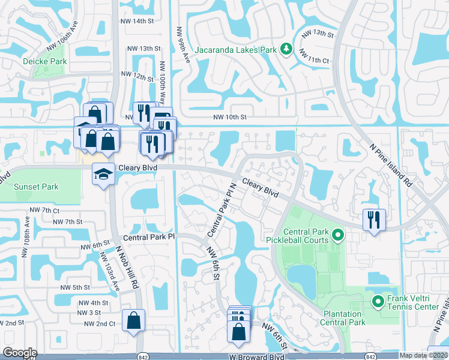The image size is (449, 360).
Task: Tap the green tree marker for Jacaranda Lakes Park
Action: (x=287, y=49)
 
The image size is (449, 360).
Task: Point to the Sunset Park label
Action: (x=36, y=187)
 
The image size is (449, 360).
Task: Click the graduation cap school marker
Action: (x=103, y=175)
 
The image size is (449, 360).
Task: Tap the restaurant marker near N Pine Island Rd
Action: (x=374, y=219)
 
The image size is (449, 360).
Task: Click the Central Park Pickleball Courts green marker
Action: (x=337, y=235)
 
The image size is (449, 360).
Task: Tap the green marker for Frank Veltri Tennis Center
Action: (x=378, y=301)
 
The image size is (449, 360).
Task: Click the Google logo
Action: (x=20, y=353)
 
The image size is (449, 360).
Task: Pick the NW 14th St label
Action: (x=136, y=21)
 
